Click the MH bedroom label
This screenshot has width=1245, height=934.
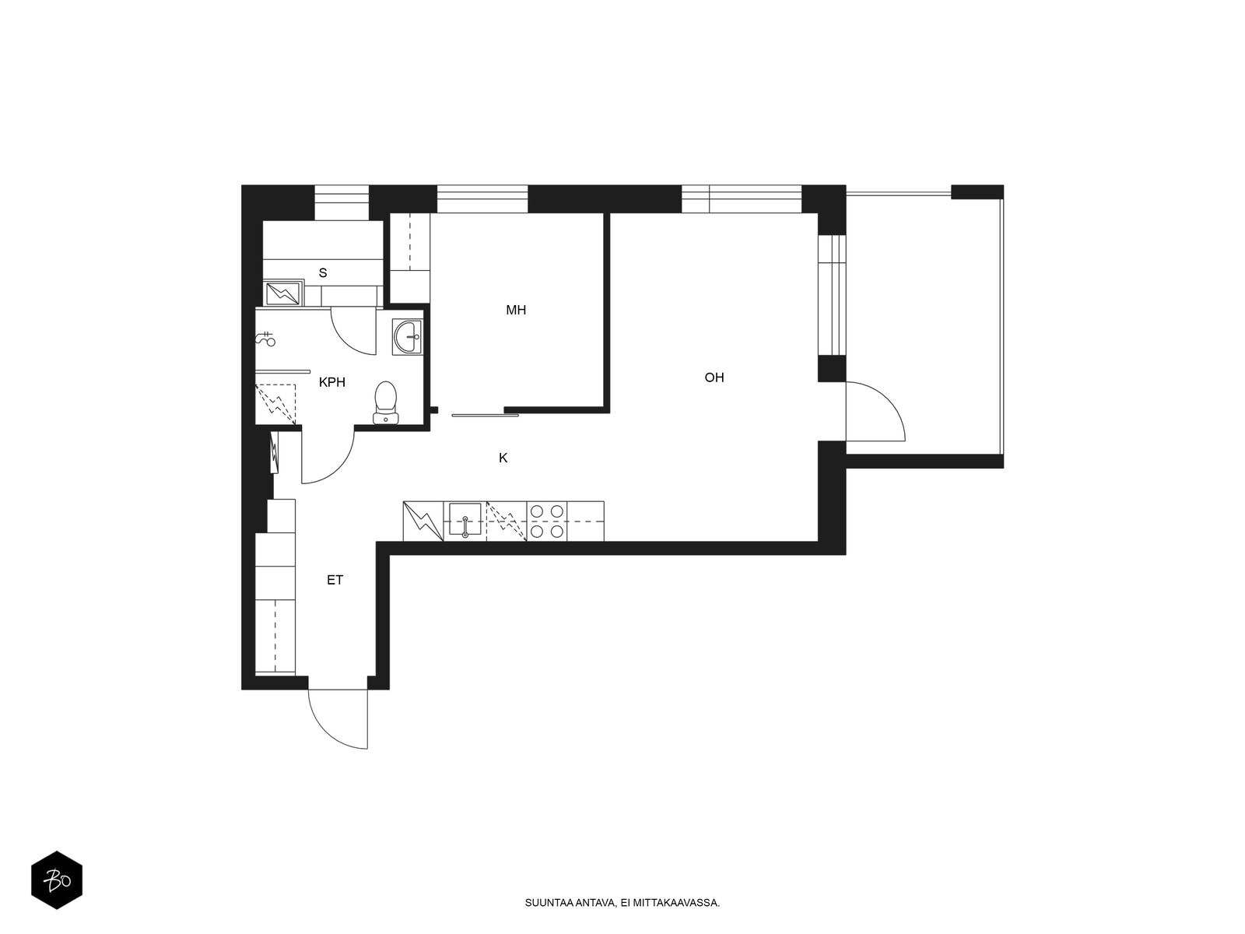click(516, 310)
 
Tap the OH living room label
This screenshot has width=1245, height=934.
click(714, 377)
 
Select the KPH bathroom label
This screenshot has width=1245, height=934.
click(331, 381)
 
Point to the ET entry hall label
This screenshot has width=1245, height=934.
click(335, 580)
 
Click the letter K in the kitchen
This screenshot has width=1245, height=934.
click(503, 458)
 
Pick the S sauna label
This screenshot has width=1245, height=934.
click(323, 272)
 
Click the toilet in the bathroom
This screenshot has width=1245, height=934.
click(386, 402)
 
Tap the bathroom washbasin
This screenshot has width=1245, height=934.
click(407, 337)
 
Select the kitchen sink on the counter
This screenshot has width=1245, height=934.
click(465, 519)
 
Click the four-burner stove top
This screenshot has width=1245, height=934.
click(547, 521)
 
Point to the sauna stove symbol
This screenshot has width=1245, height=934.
click(283, 293)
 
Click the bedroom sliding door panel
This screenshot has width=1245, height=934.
click(485, 416)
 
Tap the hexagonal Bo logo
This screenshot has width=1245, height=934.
click(57, 880)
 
